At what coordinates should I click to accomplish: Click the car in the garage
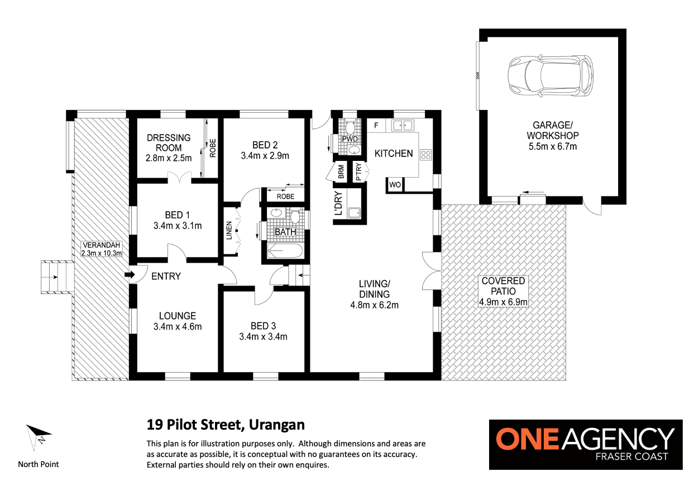pos(551,75)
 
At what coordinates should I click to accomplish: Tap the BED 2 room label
pos(265,145)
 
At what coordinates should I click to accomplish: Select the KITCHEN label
pos(394,154)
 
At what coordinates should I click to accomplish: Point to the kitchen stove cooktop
pos(425,155)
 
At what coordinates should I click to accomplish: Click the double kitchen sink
pos(403,126)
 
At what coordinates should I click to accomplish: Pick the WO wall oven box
pos(395,185)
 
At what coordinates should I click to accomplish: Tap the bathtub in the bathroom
pos(285,251)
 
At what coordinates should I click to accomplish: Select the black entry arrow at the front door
pos(130,275)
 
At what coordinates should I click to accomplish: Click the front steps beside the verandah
pos(58,277)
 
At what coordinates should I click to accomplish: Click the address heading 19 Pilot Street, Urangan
pos(226,425)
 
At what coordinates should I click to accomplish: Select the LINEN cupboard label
pos(229,230)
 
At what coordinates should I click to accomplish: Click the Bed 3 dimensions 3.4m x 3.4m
pos(263,336)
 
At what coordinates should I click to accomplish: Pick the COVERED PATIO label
pos(503,286)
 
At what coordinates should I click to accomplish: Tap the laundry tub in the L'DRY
pos(354,213)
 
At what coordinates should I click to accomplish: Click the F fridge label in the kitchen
pos(376,126)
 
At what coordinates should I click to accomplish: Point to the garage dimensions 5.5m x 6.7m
pos(553,146)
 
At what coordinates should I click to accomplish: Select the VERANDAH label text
pos(101,245)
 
